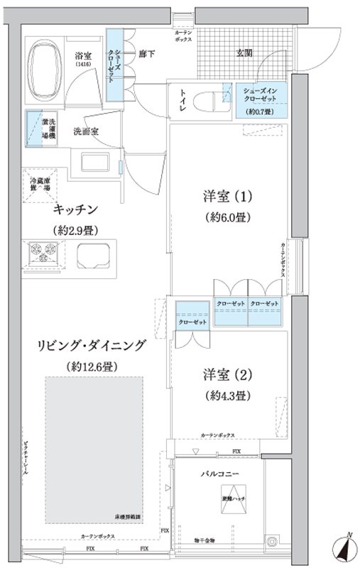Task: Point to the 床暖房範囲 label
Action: pyautogui.click(x=128, y=517)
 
